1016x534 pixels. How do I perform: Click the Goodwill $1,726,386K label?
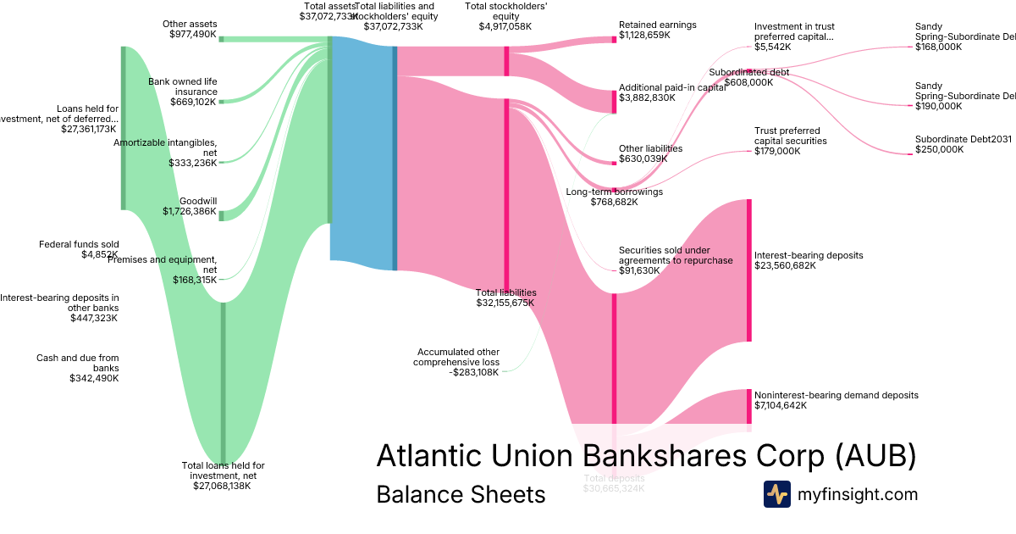190,206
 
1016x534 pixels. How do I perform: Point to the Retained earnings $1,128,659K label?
658,31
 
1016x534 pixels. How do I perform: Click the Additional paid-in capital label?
672,92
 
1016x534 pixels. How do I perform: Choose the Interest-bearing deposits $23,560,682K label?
809,260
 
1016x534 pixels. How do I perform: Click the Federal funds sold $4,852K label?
79,249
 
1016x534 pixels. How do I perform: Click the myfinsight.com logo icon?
776,494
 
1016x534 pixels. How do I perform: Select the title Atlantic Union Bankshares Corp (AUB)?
646,455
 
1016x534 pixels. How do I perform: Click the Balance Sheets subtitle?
461,494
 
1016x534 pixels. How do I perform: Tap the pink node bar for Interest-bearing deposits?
748,270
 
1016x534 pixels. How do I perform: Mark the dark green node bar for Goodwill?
222,215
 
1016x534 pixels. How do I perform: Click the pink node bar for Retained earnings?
614,39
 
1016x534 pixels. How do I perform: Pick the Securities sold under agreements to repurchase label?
676,255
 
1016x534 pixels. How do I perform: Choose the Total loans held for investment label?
224,476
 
